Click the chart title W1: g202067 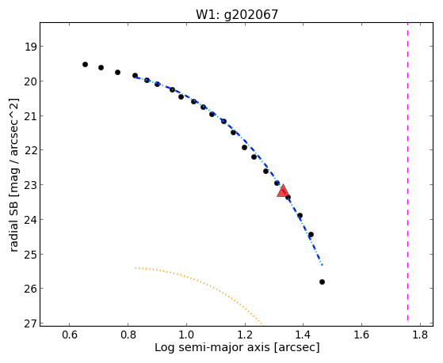(237, 14)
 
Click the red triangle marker (283, 191)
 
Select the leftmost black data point (85, 65)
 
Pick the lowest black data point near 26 (322, 282)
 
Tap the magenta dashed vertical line (407, 172)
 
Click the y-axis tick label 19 (30, 47)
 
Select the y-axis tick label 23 (30, 185)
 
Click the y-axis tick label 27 (30, 323)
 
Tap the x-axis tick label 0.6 (69, 335)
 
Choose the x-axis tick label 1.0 (186, 335)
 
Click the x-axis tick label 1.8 (420, 335)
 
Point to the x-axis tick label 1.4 (304, 335)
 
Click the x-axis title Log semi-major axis (212, 348)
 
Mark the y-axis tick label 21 (30, 116)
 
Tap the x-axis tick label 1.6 (361, 335)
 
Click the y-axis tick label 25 (30, 254)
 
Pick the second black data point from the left (101, 68)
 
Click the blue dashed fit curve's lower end (323, 265)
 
